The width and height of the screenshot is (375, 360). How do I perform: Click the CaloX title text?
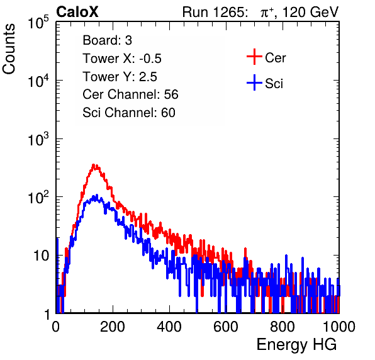coord(77,12)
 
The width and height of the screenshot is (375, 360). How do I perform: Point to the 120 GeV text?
coord(311,12)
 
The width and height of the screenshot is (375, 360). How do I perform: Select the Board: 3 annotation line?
coord(107,40)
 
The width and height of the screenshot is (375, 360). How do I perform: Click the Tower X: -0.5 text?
coord(122,59)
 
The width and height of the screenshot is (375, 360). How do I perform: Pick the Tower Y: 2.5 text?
coord(120,77)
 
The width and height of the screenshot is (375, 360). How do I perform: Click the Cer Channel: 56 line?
coord(130,94)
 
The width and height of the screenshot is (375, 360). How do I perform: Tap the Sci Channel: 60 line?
coord(129,113)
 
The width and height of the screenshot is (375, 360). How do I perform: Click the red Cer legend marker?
coord(254,57)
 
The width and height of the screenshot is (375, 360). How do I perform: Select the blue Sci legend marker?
coord(254,83)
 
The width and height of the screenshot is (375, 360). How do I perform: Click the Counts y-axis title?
coord(9,49)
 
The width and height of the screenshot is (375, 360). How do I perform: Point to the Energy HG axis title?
coord(296,345)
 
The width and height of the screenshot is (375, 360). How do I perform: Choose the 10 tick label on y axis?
coord(42,256)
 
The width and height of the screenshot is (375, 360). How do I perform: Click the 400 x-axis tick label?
coord(169,327)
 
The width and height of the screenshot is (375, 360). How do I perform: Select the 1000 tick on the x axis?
coord(339,327)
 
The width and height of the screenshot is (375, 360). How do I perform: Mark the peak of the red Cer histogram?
coord(94,164)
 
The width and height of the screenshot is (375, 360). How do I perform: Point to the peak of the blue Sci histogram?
coord(97,195)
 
